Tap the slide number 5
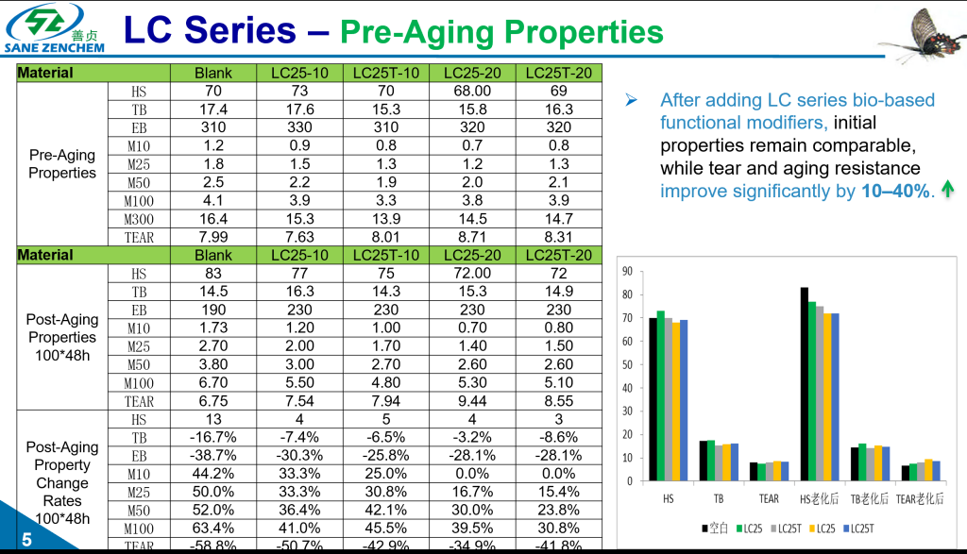click(x=25, y=539)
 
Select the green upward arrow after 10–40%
click(x=947, y=191)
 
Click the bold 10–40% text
click(x=894, y=191)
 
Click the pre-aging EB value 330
click(x=299, y=127)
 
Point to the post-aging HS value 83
click(x=213, y=274)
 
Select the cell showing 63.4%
click(x=213, y=528)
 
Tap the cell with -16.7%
click(x=213, y=437)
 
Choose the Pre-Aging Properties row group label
click(x=62, y=164)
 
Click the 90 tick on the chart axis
click(x=627, y=272)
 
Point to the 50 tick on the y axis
click(x=627, y=365)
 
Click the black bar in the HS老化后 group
click(x=804, y=384)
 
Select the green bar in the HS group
click(x=660, y=395)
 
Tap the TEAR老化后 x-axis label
click(x=919, y=498)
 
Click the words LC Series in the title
click(x=210, y=30)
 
